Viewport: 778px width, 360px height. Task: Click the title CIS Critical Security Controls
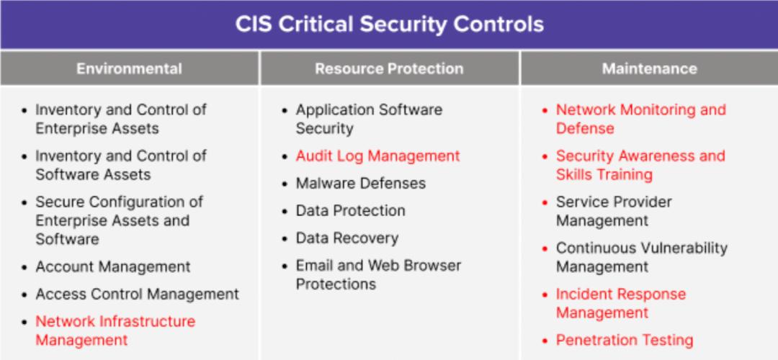[389, 24]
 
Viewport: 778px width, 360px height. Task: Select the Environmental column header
[129, 69]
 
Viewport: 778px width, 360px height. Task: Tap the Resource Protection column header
[389, 69]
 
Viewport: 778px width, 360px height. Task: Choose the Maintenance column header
[649, 69]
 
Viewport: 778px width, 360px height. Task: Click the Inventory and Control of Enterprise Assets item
[120, 120]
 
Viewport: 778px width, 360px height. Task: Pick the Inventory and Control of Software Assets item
[120, 166]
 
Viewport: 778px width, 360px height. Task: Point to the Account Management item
[113, 267]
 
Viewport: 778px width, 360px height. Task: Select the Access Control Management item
[137, 294]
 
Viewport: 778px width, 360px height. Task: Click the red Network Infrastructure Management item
[115, 330]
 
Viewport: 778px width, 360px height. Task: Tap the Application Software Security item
[369, 120]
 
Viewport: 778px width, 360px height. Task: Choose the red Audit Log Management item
[377, 156]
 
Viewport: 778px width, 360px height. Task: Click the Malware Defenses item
[361, 184]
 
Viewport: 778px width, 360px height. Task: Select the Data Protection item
[350, 211]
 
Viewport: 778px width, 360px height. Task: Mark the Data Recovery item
[346, 238]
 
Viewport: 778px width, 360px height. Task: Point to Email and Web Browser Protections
[377, 275]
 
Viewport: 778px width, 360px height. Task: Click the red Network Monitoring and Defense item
[640, 120]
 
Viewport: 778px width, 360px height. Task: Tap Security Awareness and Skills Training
[640, 166]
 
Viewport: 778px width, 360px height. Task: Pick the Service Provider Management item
[613, 212]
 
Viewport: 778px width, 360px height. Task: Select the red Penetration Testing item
[624, 341]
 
